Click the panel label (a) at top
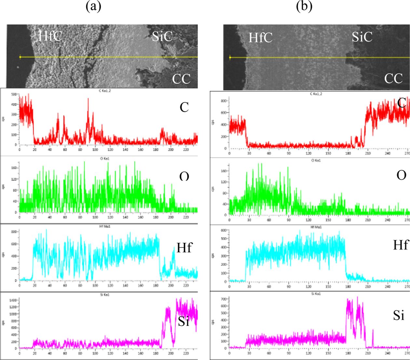point(93,7)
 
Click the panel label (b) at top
point(304,7)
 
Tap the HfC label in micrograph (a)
point(50,36)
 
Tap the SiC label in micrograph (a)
point(162,36)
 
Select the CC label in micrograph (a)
point(181,79)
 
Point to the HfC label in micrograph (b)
point(261,37)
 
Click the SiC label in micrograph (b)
point(362,37)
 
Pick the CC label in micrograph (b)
point(394,79)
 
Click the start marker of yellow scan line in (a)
point(20,57)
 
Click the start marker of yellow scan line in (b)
point(230,58)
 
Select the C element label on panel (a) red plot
point(184,107)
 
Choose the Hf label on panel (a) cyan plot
point(184,248)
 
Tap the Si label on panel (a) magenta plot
point(184,322)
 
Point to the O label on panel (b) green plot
point(401,175)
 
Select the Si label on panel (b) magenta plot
point(399,315)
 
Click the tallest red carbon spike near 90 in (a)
point(88,99)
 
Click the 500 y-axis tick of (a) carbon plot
point(14,94)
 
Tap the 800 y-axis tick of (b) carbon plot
point(224,101)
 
